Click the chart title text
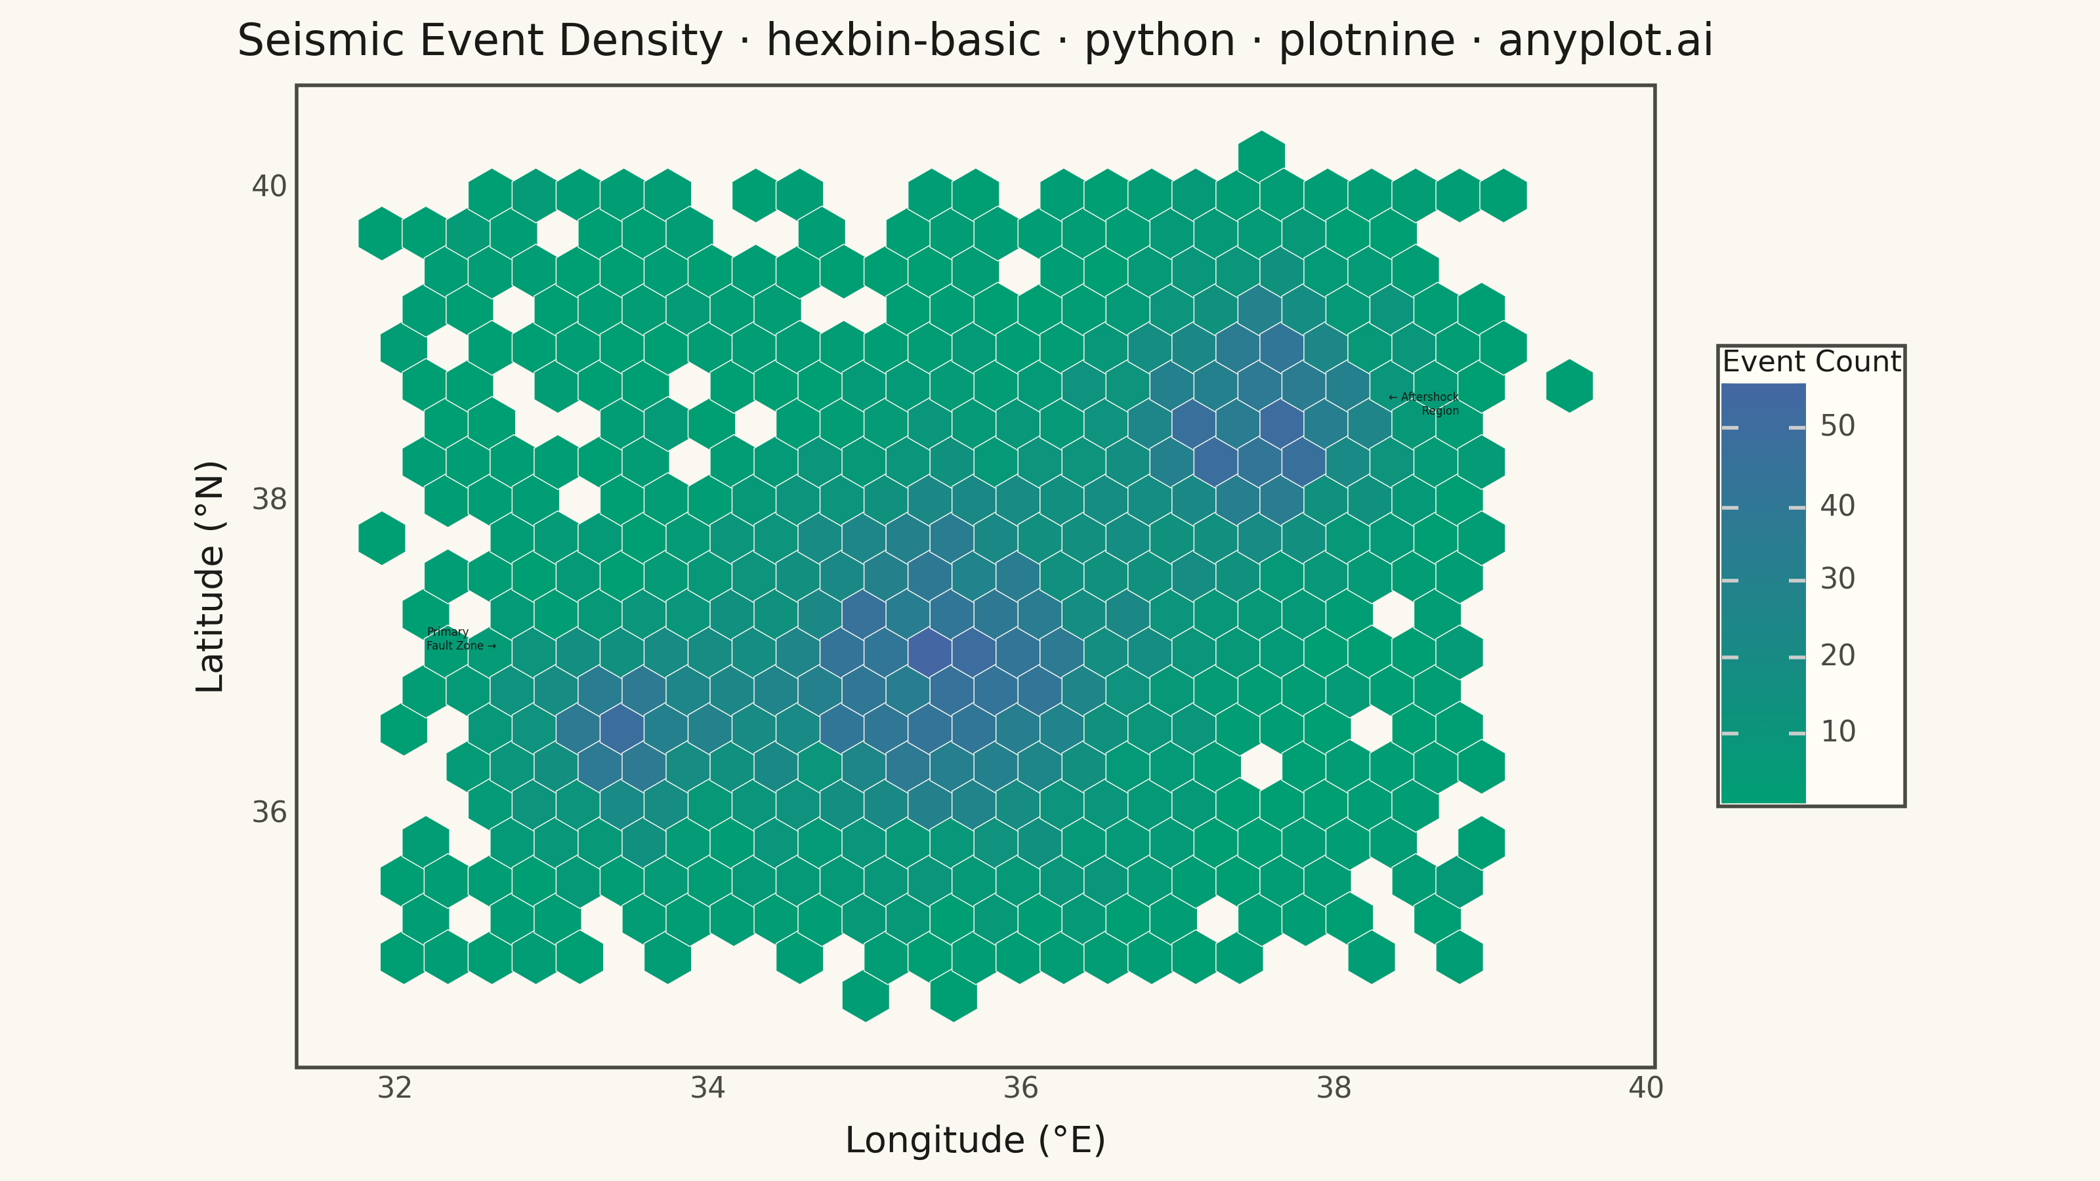tap(975, 41)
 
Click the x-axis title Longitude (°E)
tap(975, 1140)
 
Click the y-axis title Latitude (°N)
tap(210, 576)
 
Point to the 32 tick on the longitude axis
tap(394, 1088)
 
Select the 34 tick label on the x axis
tap(707, 1088)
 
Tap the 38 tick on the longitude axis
tap(1333, 1088)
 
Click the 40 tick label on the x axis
tap(1646, 1088)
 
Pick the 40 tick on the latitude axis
tap(269, 186)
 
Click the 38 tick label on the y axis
tap(269, 499)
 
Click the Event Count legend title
tap(1811, 361)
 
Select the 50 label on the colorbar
tap(1837, 425)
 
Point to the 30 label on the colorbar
tap(1837, 579)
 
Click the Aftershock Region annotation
tap(1423, 404)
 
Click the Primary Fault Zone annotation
tap(461, 639)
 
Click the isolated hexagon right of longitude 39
tap(1569, 386)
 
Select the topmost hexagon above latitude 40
tap(1261, 157)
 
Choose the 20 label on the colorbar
tap(1837, 655)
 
